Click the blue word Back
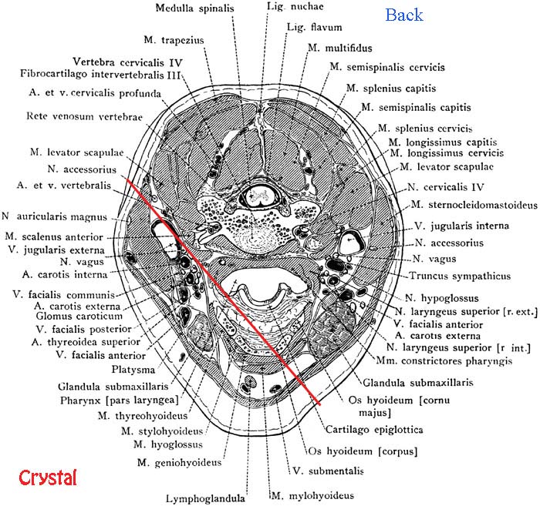click(x=403, y=15)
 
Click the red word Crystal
click(x=48, y=477)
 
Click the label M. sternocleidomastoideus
click(x=472, y=205)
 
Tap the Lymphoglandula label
click(x=208, y=498)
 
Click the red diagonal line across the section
click(x=224, y=289)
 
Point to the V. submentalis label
click(x=323, y=471)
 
